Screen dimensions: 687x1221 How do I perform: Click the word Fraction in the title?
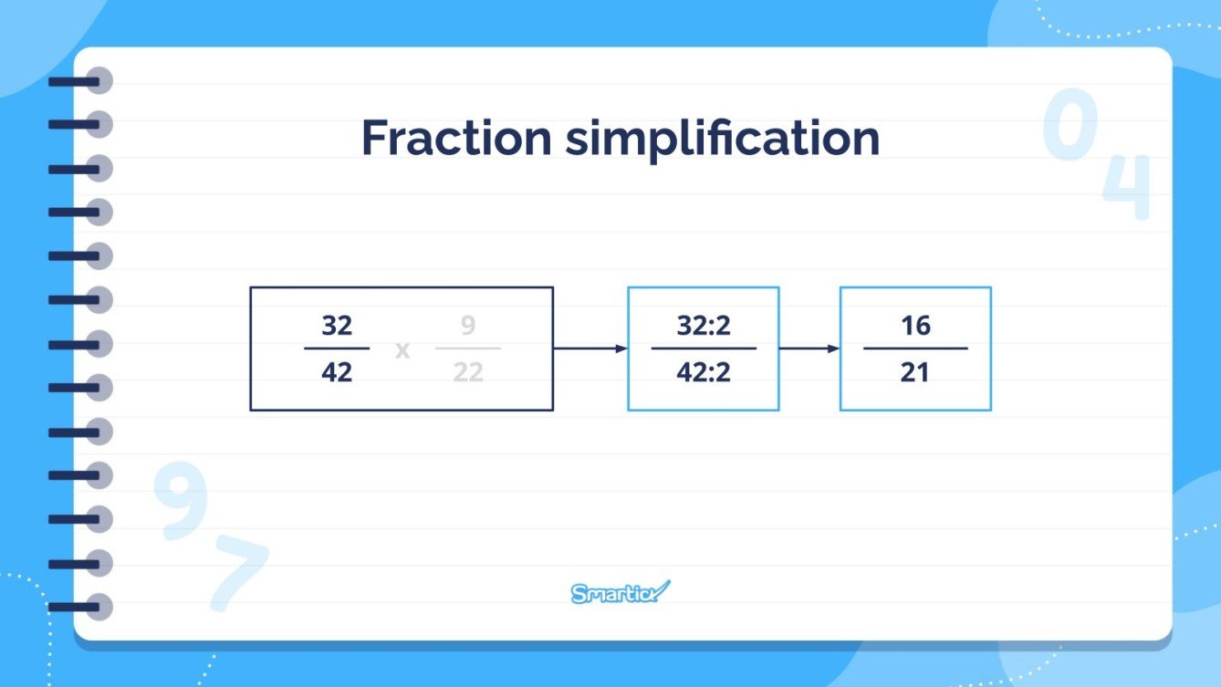coord(456,138)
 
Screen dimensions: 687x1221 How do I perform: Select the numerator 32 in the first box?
coord(337,326)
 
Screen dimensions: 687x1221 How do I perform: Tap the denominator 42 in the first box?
coord(337,372)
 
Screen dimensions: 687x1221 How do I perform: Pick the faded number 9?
coord(467,326)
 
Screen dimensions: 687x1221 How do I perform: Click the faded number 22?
coord(467,372)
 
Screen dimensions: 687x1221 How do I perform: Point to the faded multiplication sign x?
coord(402,349)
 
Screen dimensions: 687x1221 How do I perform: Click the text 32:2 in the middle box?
coord(704,326)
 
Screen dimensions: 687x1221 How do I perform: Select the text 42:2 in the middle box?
coord(704,372)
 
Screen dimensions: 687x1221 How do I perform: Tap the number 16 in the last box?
coord(915,326)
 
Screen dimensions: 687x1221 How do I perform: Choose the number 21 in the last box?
coord(915,372)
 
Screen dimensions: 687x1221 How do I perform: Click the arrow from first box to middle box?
coord(590,349)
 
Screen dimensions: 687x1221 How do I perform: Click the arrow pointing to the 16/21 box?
coord(809,349)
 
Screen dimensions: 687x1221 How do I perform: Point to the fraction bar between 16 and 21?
coord(915,349)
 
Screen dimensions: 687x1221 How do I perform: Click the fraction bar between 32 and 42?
coord(337,349)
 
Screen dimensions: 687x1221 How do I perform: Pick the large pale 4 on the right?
coord(1128,187)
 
